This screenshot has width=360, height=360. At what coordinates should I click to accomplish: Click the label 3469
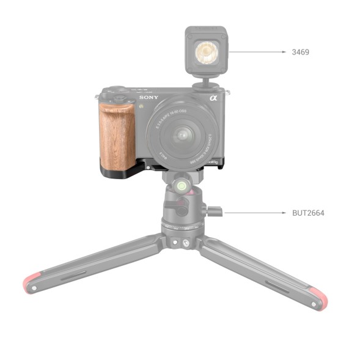click(301, 53)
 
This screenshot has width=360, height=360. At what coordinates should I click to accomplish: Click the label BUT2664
click(308, 213)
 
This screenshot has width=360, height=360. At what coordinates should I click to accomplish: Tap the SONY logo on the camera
click(149, 98)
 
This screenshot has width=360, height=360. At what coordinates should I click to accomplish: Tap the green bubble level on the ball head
click(181, 184)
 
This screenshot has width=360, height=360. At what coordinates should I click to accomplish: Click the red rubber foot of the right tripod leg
click(318, 299)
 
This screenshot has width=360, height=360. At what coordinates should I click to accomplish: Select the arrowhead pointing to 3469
click(284, 53)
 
